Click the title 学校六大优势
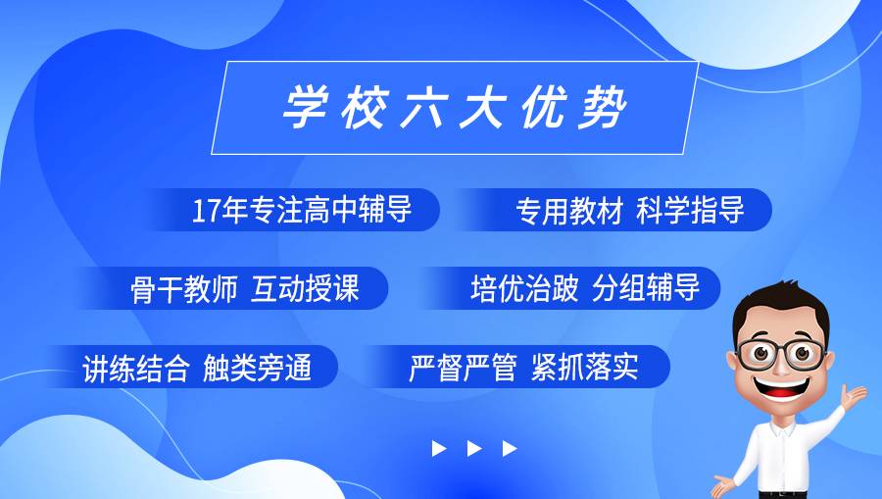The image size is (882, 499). point(454,108)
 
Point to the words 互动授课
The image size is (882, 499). point(306,289)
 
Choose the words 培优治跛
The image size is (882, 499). point(524,289)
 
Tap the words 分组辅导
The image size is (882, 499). point(646,289)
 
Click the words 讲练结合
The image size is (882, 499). point(135,369)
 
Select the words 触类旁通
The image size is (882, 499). point(257,369)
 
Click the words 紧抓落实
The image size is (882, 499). point(584,369)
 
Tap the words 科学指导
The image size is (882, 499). point(690,210)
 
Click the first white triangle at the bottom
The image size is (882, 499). point(439,448)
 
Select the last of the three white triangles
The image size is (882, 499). point(510,448)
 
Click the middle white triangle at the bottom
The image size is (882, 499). point(474,448)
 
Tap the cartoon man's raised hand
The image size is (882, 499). point(854,394)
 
